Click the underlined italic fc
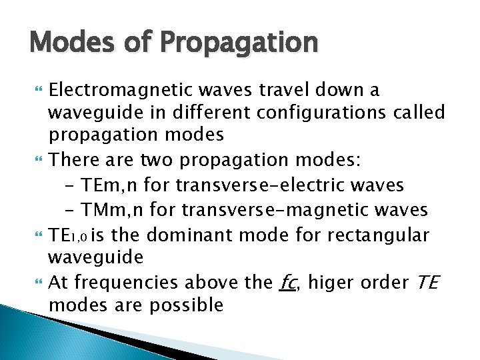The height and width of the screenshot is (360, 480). coord(289,283)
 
